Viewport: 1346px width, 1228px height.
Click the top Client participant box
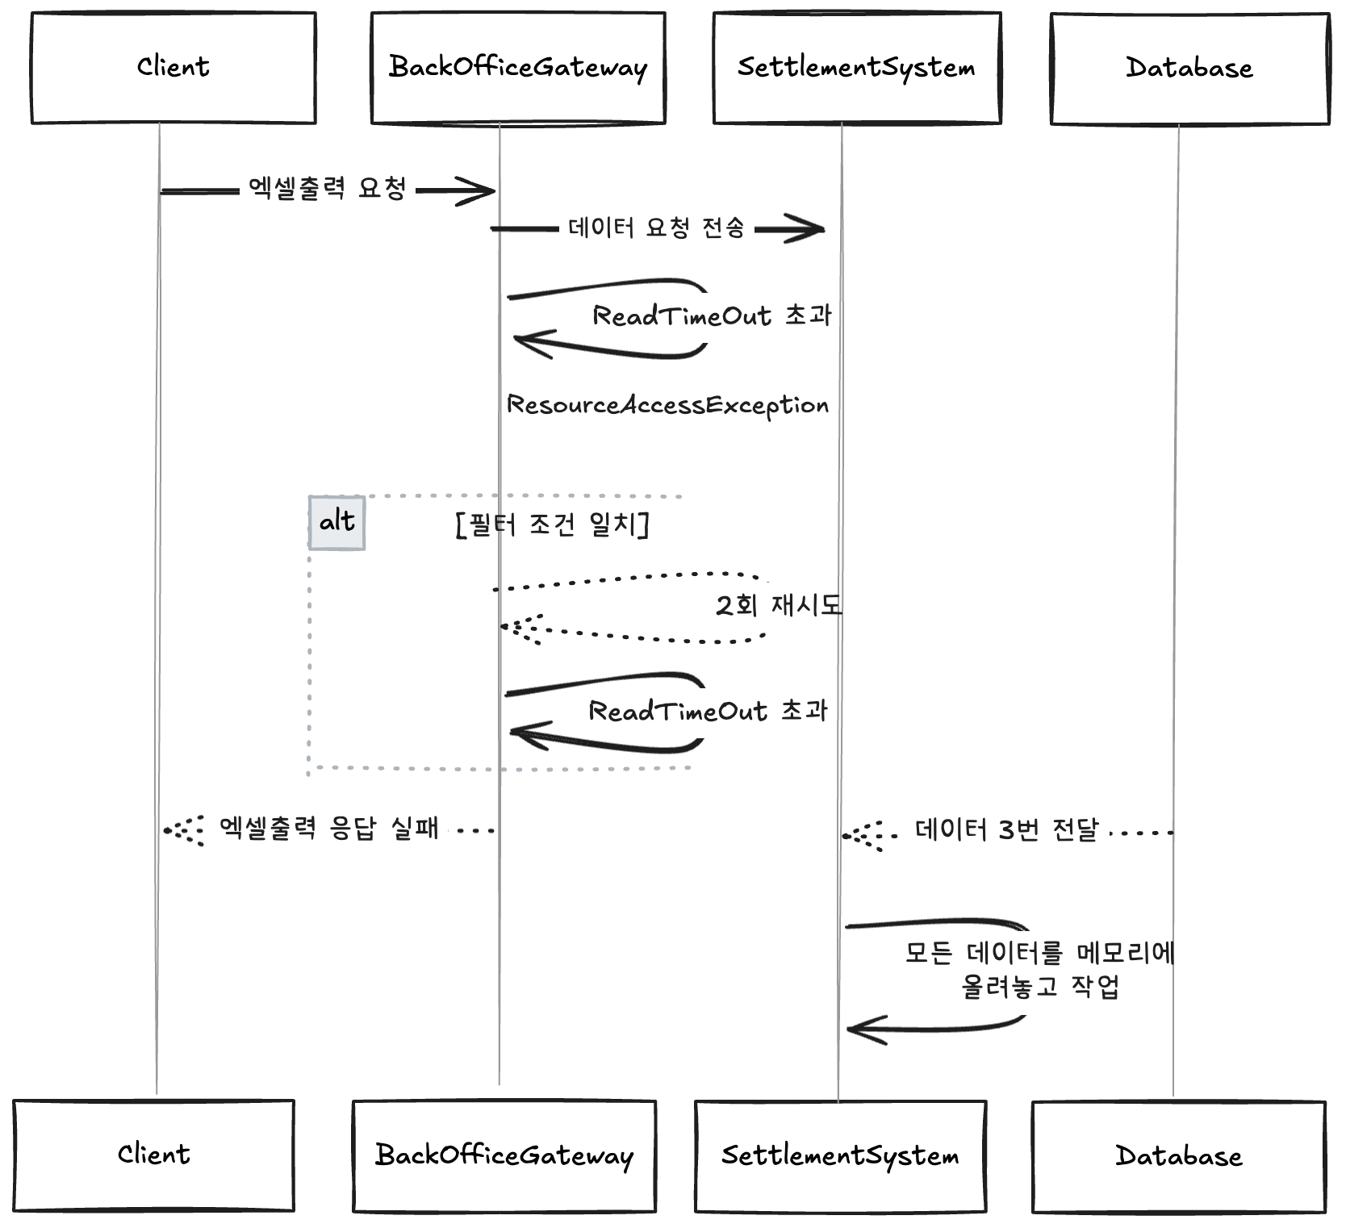coord(173,68)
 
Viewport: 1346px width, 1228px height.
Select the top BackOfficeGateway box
coord(518,68)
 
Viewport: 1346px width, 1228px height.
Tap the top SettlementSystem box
coord(857,68)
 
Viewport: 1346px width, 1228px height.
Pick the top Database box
coord(1189,69)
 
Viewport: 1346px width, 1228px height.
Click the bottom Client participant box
coord(153,1155)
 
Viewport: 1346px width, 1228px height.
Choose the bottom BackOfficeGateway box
coord(504,1155)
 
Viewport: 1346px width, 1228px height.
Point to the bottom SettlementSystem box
coord(840,1156)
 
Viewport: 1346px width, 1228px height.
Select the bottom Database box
coord(1179,1156)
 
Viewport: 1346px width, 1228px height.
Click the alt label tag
coord(337,523)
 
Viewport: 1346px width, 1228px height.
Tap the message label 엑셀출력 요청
coord(327,189)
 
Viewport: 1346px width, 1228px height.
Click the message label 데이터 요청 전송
coord(656,228)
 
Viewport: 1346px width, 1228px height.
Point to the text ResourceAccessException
coord(667,405)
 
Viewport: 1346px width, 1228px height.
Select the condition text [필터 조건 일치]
coord(553,525)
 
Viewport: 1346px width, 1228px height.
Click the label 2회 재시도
coord(778,605)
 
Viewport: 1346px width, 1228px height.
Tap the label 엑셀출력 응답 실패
coord(329,829)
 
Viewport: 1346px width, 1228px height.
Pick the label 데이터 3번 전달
coord(1007,830)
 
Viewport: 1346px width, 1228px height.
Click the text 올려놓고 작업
coord(1040,987)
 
